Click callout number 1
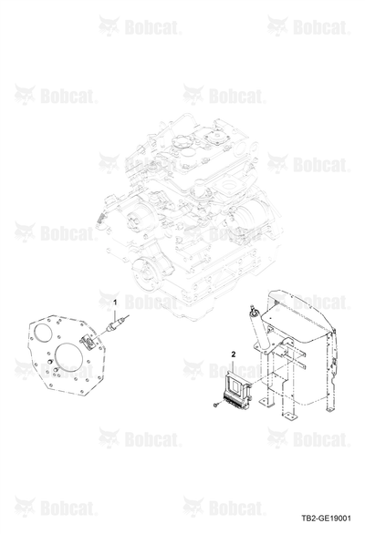pos(115,302)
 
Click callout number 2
pos(234,354)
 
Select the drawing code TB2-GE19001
pos(327,519)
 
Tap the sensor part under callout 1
pos(116,323)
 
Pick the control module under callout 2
pos(236,389)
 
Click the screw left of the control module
pos(215,405)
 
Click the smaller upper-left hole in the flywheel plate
pos(43,332)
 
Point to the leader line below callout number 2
pos(234,365)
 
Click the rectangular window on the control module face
pos(235,384)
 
